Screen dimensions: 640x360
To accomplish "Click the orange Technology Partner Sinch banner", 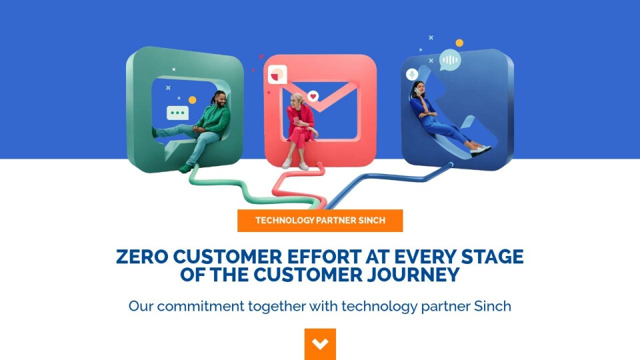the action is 320,221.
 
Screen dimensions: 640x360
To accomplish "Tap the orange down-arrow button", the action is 320,344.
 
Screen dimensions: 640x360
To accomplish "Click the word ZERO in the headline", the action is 142,257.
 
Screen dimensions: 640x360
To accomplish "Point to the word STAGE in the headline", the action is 492,257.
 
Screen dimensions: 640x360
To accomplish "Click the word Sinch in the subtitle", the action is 493,306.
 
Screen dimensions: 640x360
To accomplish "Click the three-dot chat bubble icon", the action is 177,113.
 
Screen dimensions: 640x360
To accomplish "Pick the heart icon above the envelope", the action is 313,96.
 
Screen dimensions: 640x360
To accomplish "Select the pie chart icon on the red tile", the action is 277,75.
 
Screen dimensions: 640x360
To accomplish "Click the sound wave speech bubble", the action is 450,60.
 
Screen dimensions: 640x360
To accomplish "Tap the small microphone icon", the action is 412,74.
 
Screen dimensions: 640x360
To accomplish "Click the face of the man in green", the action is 220,99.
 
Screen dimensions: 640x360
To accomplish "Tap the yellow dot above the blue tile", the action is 459,43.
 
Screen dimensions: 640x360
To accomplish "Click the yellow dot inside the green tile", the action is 192,100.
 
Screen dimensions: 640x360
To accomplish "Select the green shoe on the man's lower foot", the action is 186,168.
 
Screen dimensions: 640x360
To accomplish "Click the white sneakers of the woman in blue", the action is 481,150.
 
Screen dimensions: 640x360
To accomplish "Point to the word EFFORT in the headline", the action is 325,257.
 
